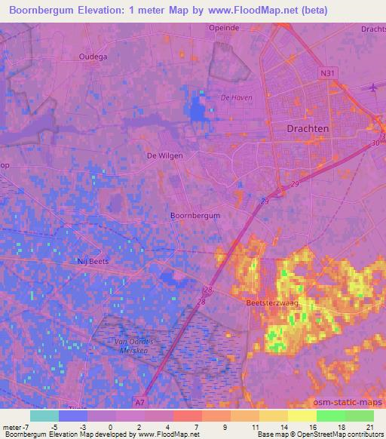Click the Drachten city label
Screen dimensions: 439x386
(x=308, y=128)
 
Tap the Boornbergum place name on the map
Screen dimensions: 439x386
(x=195, y=215)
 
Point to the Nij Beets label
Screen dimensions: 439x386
(x=93, y=260)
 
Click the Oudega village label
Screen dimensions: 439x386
(x=93, y=56)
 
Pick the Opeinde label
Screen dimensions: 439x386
(x=223, y=27)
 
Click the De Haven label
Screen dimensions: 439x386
(x=236, y=98)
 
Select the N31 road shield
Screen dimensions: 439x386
(x=326, y=73)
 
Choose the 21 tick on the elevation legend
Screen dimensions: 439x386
(x=370, y=426)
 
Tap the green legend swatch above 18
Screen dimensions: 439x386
(x=331, y=416)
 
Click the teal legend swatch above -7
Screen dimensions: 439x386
(x=44, y=416)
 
